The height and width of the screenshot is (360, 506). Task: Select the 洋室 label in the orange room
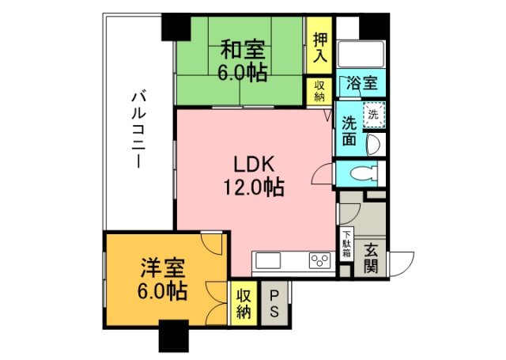165,267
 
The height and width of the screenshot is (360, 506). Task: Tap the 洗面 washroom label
349,130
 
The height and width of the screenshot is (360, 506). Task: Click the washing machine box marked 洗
374,116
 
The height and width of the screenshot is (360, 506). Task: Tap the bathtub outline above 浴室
360,55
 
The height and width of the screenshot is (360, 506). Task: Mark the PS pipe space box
274,302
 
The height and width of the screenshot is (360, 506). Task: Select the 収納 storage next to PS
244,302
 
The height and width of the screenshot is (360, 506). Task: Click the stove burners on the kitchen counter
320,260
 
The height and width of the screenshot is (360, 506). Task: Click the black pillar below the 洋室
173,338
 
